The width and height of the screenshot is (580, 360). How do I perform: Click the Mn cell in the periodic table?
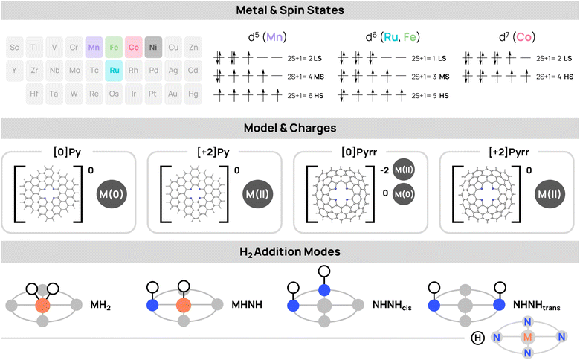[94, 47]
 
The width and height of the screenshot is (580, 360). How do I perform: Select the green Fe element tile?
[114, 47]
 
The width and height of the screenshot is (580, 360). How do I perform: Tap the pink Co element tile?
[134, 47]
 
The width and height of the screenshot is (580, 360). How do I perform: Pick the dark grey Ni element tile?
[154, 47]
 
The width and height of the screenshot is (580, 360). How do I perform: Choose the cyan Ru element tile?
[114, 71]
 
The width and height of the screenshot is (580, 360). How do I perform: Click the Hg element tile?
[194, 95]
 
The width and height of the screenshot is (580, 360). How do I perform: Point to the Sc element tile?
[14, 47]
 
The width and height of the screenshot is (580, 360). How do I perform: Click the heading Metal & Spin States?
[289, 10]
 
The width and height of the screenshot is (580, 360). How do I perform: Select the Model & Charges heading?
[289, 127]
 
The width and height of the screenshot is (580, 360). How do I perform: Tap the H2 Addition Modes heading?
[289, 251]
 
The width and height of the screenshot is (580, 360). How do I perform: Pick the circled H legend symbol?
[479, 338]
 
